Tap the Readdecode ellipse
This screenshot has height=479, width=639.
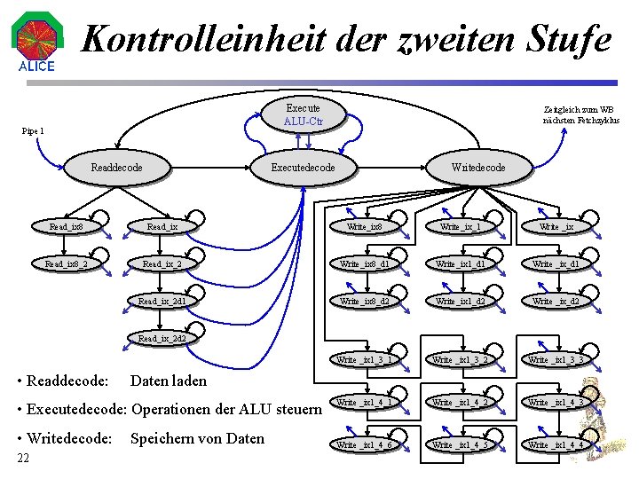[116, 168]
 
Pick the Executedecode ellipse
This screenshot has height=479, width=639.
[304, 168]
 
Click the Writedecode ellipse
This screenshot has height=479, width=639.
[478, 168]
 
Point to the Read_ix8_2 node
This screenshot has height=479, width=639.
[67, 263]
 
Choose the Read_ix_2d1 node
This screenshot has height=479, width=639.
[162, 301]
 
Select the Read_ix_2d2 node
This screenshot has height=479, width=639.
[162, 338]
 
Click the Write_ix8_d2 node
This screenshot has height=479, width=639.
[365, 301]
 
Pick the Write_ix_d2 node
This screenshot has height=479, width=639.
[556, 301]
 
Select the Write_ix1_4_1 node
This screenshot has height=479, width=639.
[365, 403]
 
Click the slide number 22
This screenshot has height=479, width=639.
[24, 458]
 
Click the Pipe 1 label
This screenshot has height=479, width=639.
[33, 131]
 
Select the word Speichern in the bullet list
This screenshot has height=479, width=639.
[162, 437]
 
